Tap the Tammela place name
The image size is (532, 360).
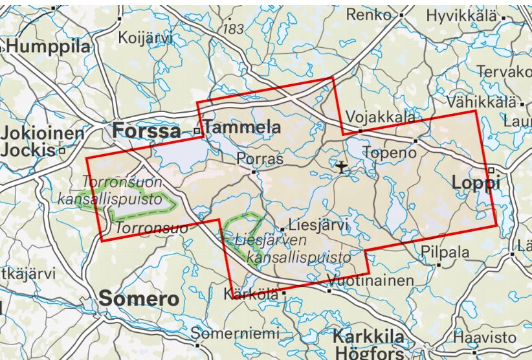coord(243,127)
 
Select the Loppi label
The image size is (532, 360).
coord(476,183)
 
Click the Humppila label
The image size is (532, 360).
coord(49,47)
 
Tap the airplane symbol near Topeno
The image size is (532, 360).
coord(342,168)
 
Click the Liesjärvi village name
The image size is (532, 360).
coord(318,225)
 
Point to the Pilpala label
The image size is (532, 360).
coord(445,253)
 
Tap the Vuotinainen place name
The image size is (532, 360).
coord(370,281)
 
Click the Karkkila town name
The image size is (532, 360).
coord(368,337)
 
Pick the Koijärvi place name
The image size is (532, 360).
coord(146,38)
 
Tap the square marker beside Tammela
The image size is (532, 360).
coord(197,131)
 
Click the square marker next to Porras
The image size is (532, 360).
coord(254,172)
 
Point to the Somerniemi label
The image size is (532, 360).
coord(237,334)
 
